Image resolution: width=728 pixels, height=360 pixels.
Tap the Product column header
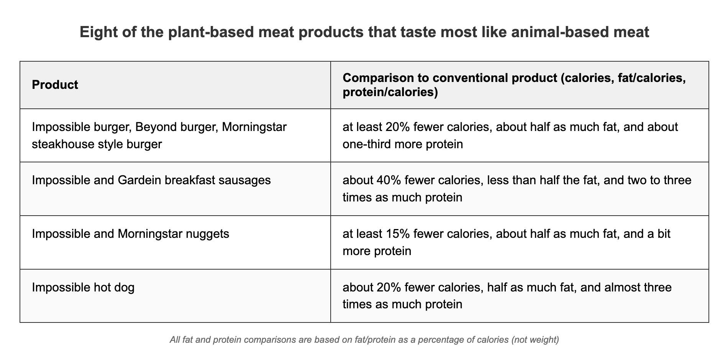[x=55, y=85]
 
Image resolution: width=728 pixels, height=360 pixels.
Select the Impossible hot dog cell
[x=83, y=287]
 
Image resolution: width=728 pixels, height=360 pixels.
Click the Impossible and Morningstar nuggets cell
[x=130, y=234]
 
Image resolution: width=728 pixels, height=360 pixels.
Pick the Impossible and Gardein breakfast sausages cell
[x=151, y=180]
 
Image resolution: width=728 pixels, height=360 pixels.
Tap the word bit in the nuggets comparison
[x=663, y=234]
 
